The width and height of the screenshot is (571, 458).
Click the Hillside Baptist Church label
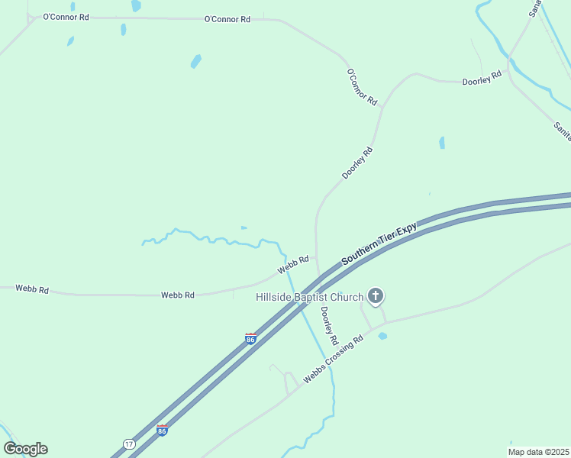point(309,295)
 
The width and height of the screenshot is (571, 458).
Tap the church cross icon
point(375,295)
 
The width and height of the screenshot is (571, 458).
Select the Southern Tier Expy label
point(379,244)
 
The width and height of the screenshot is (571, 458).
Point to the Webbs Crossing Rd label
point(333,358)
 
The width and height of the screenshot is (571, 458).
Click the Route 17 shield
point(129,443)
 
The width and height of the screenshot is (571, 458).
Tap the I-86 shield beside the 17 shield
point(162,430)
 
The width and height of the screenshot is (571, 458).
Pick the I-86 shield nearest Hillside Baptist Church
point(250,338)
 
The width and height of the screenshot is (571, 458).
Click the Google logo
point(25,449)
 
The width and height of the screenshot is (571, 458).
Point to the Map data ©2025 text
point(538,452)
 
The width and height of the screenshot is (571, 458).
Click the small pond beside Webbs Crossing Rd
point(382,335)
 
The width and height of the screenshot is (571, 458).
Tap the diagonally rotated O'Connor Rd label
point(362,87)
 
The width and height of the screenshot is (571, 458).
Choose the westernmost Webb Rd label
point(32,290)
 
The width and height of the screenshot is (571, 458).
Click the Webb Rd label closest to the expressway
point(293,264)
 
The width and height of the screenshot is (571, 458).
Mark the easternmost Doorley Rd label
point(482,77)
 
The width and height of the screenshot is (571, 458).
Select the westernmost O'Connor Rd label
point(66,16)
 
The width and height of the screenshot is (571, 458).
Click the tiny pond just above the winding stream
point(244,227)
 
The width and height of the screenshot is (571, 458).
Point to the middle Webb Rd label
point(178,295)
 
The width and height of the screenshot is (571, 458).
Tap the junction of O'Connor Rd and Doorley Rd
point(382,107)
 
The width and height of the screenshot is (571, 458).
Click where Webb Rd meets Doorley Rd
point(316,257)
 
